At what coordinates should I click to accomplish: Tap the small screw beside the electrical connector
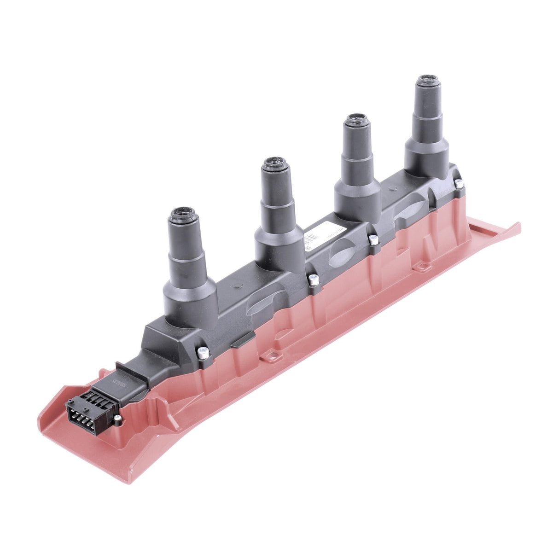118,418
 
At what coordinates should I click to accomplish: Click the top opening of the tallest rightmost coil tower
428,79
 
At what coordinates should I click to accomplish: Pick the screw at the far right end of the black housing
459,183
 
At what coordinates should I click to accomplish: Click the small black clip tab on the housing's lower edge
242,339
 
